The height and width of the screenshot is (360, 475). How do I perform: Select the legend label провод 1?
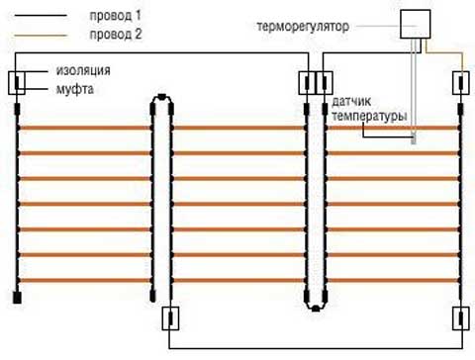115,17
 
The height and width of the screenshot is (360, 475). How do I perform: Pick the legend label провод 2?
115,34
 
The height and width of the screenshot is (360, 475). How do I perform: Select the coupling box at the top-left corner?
18,82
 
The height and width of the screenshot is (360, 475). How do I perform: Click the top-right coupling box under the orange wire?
460,82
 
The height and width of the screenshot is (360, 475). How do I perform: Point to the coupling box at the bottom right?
460,319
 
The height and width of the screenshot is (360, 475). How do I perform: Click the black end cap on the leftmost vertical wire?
18,295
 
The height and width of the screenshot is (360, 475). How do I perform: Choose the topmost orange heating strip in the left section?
84,129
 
